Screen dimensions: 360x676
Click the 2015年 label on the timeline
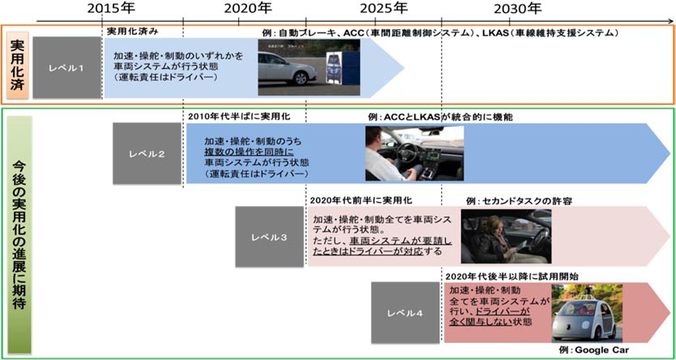[112, 9]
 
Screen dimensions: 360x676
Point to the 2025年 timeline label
[383, 9]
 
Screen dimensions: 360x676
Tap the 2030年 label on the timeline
[518, 9]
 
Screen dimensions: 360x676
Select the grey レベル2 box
[147, 152]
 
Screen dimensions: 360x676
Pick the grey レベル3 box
[269, 237]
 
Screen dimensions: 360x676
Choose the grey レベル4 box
[405, 312]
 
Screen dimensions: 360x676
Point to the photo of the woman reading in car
[506, 237]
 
